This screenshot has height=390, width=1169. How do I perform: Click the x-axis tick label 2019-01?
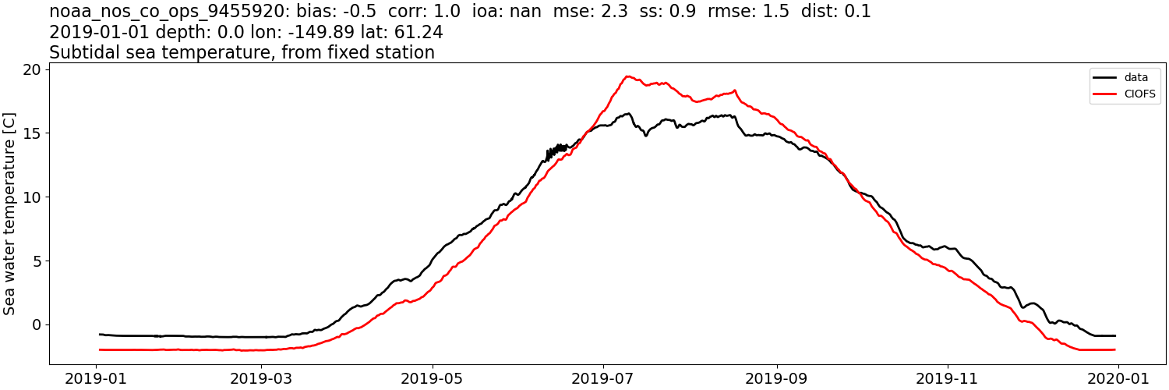click(96, 378)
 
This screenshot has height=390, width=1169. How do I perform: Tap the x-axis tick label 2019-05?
click(433, 378)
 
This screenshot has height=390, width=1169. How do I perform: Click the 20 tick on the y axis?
click(32, 69)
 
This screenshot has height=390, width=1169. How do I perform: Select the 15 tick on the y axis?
click(32, 133)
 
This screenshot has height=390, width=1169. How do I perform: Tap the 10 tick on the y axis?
click(32, 197)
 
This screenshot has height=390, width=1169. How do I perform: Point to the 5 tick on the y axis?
click(37, 261)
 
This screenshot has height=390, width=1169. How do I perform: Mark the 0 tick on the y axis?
click(37, 324)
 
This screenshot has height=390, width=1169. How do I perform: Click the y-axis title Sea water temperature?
click(10, 213)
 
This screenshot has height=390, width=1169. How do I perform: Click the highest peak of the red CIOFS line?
click(628, 76)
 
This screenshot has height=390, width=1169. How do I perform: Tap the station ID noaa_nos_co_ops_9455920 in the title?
click(159, 12)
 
